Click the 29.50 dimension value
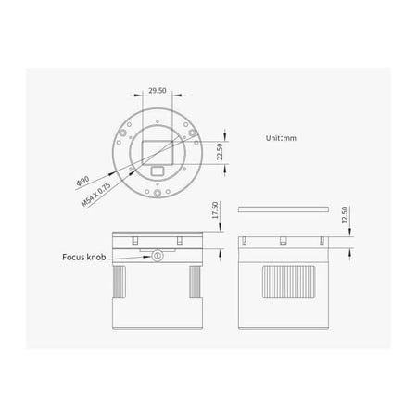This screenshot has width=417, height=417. pyautogui.click(x=158, y=92)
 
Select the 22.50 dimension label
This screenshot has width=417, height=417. pyautogui.click(x=219, y=150)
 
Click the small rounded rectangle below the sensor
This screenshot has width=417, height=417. pyautogui.click(x=158, y=171)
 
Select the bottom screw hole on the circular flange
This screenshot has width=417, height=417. pyautogui.click(x=158, y=196)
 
